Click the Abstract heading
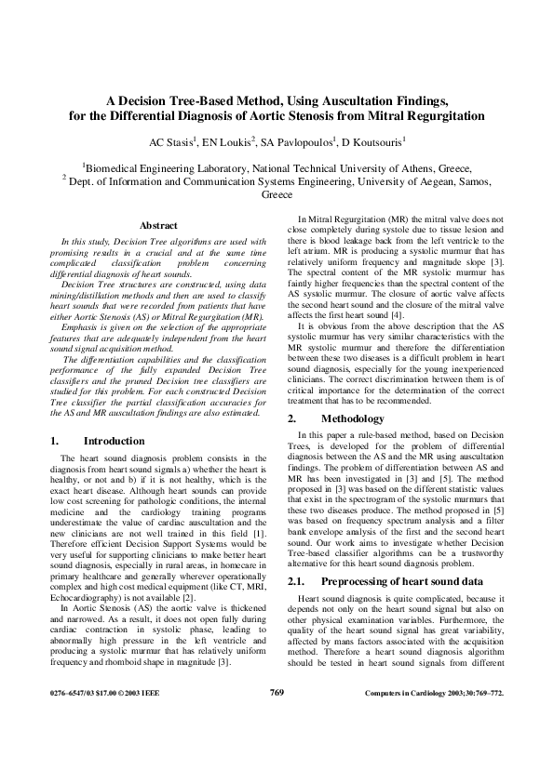pos(158,226)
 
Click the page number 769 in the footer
pos(276,719)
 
